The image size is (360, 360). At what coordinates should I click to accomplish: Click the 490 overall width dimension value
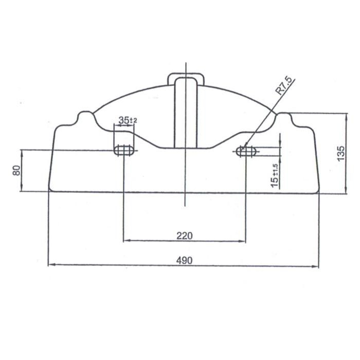point(184,260)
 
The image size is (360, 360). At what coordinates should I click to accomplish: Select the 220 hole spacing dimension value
point(184,236)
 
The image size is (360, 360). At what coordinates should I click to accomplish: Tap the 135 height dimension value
point(341,153)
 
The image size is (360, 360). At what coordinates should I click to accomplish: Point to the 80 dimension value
point(16,170)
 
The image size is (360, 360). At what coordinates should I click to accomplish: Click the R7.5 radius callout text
point(284,86)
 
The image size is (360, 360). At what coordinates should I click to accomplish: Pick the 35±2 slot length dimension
point(128,120)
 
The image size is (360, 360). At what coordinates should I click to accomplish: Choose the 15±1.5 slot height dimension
point(275,176)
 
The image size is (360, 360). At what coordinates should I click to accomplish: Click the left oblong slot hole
point(124,150)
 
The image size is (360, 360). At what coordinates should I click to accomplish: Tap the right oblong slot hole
point(246,151)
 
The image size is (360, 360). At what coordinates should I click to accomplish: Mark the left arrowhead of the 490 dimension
point(51,265)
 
